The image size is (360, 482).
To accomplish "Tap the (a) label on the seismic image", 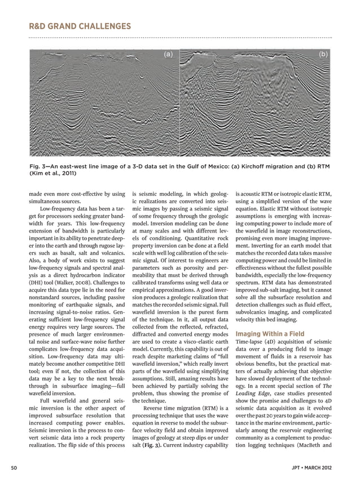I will [168, 54].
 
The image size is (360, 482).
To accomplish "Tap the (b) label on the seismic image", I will [323, 54].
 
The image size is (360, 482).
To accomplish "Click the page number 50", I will [13, 468].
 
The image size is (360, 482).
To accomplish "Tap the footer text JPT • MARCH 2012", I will [317, 468].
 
